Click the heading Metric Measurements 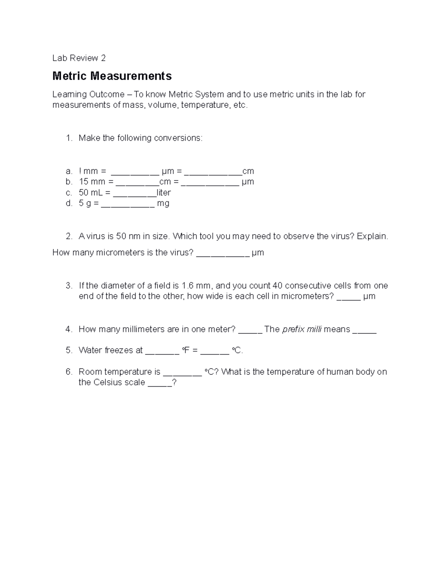tap(112, 76)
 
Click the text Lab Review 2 tap(79, 58)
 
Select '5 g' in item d tap(85, 204)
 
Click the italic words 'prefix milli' tap(302, 329)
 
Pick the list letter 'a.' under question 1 tap(69, 171)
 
